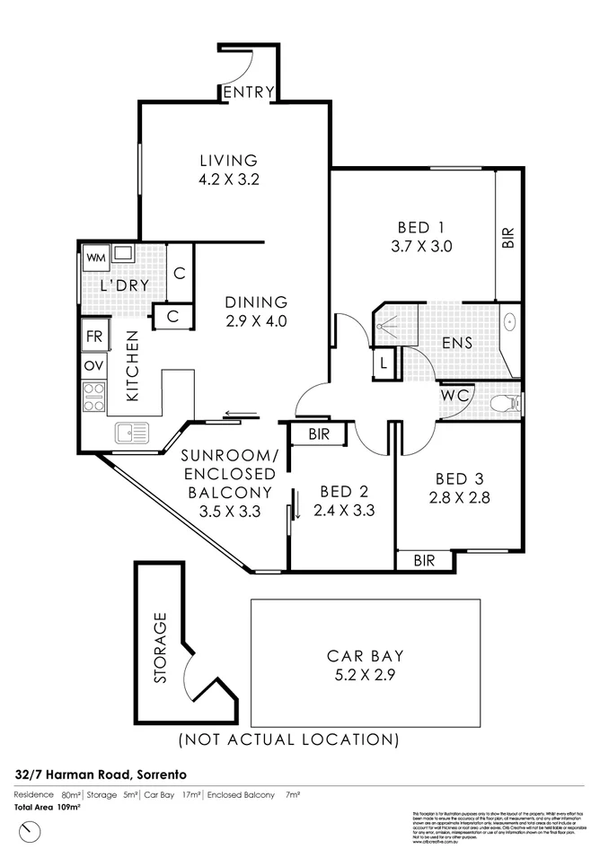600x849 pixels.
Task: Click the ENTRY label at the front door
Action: [x=249, y=92]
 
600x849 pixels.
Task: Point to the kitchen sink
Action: [x=131, y=434]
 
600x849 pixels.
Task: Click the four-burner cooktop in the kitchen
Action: [x=93, y=396]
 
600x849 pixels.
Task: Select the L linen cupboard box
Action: [x=384, y=363]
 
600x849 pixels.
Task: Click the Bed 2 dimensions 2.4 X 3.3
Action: [x=343, y=511]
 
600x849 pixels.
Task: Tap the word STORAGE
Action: [x=161, y=648]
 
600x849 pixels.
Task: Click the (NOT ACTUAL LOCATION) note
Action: [x=288, y=740]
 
